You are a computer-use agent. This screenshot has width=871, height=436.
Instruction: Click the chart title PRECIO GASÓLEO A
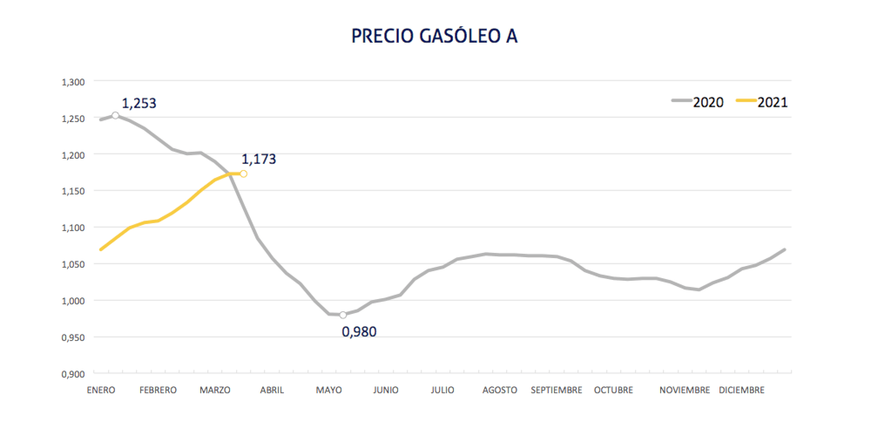435,37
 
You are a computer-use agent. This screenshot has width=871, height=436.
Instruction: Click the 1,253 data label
138,104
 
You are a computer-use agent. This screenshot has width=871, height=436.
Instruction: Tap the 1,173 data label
258,160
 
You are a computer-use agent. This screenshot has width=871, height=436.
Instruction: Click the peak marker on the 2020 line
115,115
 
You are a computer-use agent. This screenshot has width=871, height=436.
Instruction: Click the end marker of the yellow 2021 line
243,174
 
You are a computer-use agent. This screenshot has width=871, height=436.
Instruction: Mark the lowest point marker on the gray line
343,315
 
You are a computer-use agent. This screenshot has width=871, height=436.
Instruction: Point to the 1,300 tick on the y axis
72,82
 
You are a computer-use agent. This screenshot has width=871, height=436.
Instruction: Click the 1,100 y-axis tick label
72,228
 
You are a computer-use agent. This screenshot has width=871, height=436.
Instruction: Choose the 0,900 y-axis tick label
72,373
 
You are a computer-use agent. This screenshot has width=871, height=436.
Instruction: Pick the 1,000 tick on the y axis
72,301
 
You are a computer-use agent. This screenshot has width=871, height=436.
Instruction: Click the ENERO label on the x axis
100,390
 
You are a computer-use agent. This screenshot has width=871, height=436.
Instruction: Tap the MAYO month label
328,390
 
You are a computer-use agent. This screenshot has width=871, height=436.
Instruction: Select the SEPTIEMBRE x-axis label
557,390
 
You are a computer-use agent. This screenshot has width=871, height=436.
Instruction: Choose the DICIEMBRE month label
741,390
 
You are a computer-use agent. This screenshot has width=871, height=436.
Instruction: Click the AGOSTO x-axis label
500,390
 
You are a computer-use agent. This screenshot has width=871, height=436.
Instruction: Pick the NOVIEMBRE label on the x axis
685,390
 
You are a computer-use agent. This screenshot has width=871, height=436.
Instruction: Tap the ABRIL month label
272,390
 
